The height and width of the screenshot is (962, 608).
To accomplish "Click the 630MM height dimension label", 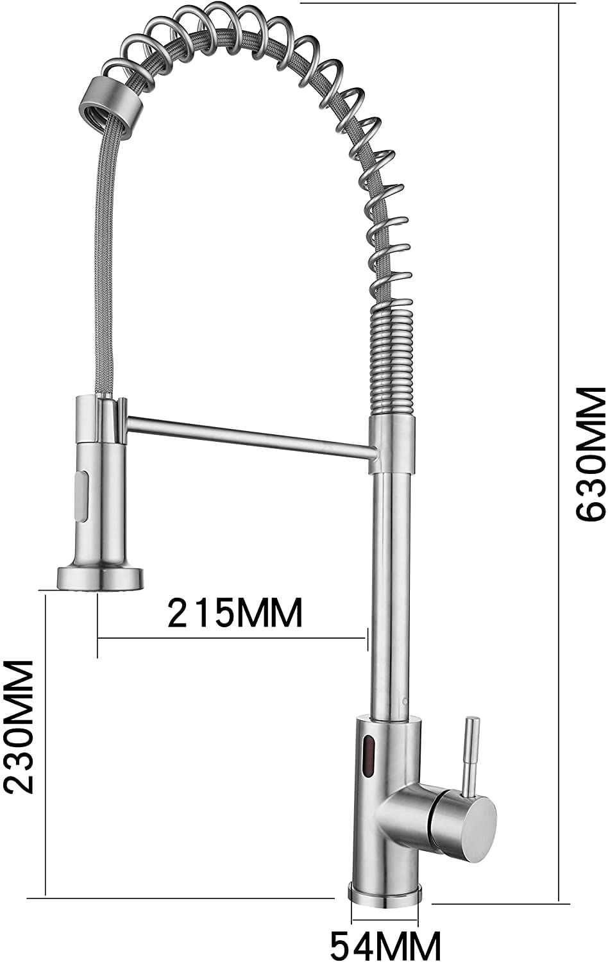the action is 591,454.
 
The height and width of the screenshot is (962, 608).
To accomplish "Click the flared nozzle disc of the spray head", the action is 99,578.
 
